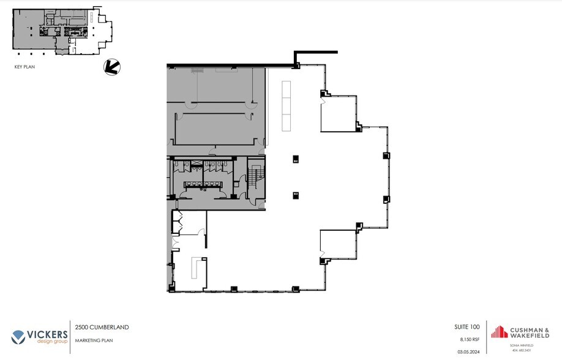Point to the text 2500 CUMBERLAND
point(102,328)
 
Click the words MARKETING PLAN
point(94,340)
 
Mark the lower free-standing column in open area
point(295,195)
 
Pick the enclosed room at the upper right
point(339,113)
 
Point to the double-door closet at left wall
point(178,223)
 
